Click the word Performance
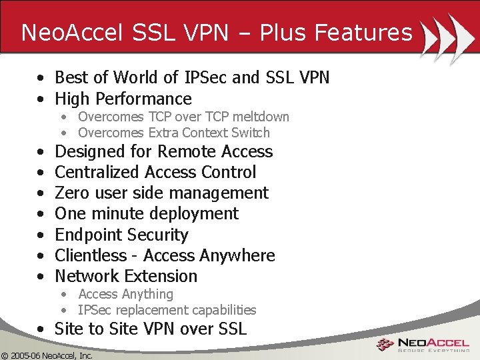pos(143,99)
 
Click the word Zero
pos(72,193)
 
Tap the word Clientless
pos(91,255)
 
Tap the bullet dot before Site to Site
pos(41,329)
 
